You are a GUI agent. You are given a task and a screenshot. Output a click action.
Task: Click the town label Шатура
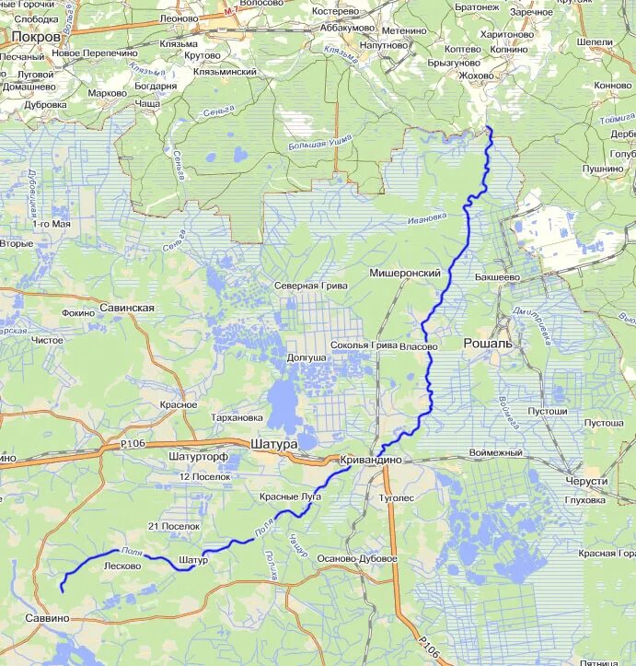(273, 444)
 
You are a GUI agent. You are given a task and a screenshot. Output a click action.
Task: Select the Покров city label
(36, 36)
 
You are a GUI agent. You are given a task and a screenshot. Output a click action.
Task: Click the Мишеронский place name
(405, 274)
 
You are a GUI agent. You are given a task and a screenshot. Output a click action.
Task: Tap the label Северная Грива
(310, 286)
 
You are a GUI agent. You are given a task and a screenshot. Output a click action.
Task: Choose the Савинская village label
(128, 308)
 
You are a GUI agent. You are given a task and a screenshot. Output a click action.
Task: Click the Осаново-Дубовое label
(356, 559)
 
